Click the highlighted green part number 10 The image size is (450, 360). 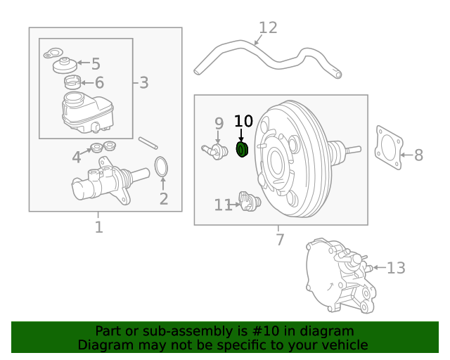[x=243, y=150]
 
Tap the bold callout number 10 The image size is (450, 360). [x=243, y=122]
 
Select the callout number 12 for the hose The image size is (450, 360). [x=268, y=28]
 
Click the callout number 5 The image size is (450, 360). [x=96, y=64]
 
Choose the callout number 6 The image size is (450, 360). [x=99, y=83]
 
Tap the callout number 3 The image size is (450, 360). [x=143, y=83]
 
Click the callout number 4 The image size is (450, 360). [x=76, y=157]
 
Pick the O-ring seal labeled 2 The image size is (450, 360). [x=161, y=167]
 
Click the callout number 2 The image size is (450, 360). [x=164, y=199]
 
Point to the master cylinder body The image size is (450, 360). [x=102, y=185]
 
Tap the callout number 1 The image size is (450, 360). [x=98, y=227]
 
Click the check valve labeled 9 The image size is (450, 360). [x=211, y=150]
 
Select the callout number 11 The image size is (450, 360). [x=223, y=205]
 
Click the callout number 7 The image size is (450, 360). [x=280, y=240]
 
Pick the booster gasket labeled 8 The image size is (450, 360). [x=387, y=148]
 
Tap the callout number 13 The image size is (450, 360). [x=396, y=268]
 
